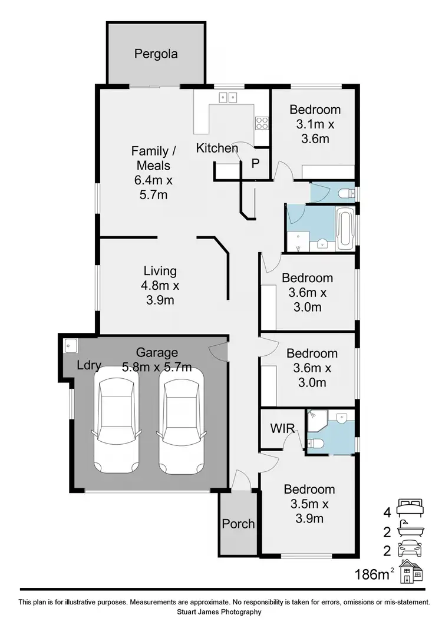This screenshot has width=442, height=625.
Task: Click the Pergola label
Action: [156, 54]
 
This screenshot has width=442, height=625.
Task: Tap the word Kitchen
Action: [217, 148]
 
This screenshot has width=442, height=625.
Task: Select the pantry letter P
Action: [256, 164]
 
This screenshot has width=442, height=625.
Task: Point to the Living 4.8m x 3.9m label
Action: [160, 286]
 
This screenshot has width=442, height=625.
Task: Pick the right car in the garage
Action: [180, 419]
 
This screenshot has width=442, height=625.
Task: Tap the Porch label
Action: [238, 524]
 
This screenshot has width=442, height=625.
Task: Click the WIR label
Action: [282, 428]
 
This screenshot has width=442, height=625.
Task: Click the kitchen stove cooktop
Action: [262, 123]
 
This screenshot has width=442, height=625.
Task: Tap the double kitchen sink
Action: [228, 98]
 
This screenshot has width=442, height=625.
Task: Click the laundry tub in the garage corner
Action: [70, 345]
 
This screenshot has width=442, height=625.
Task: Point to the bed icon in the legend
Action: [411, 505]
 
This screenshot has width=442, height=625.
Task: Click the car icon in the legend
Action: [411, 550]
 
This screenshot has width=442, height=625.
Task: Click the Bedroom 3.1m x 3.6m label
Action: [315, 124]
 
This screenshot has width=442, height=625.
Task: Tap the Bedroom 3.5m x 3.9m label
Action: [309, 504]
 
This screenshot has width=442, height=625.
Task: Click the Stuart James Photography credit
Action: [223, 612]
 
